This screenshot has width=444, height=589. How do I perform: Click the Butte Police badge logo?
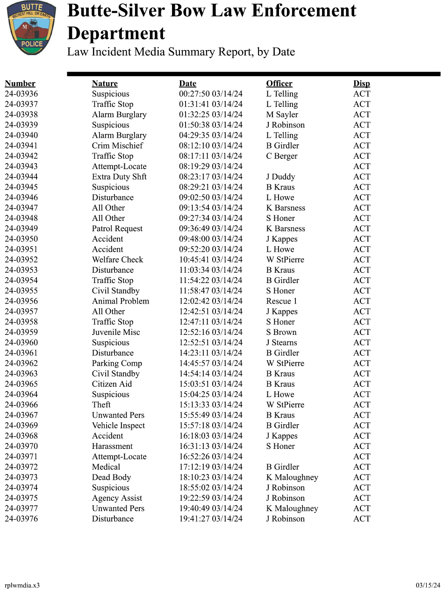[31, 28]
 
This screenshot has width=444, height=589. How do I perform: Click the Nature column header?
[105, 84]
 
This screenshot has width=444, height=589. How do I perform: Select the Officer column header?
[279, 84]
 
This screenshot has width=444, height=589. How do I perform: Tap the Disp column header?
[361, 84]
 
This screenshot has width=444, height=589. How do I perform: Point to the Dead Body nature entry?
[111, 477]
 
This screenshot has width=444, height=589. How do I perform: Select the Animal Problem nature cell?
[121, 301]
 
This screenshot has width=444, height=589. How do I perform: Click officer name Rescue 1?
[281, 301]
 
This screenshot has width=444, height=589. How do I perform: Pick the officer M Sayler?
[282, 114]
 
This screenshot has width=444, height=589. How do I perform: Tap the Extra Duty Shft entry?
[119, 177]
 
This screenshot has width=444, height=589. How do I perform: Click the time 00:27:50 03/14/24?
[211, 94]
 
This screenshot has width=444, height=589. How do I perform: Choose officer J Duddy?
[280, 177]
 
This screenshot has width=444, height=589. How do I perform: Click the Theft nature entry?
[101, 405]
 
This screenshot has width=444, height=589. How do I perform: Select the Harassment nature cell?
[112, 446]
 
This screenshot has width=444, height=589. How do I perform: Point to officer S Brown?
[281, 332]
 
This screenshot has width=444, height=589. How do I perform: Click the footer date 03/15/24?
[428, 585]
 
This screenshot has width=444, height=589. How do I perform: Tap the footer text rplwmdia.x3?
[22, 585]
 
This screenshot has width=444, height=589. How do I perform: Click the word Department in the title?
[116, 34]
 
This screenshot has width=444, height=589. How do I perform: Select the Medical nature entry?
[106, 467]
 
